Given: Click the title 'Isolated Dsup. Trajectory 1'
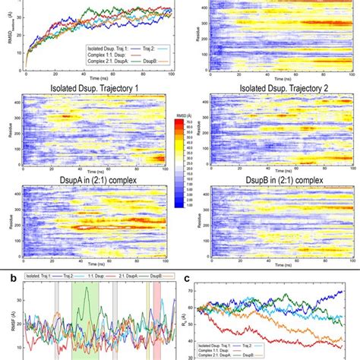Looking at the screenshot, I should click(x=88, y=93).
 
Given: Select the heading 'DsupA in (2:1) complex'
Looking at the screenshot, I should click(x=88, y=182).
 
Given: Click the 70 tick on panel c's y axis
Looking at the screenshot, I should click(x=204, y=292).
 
